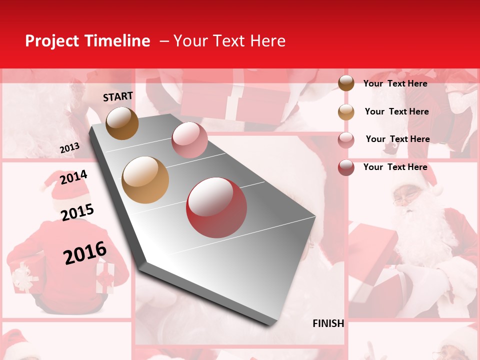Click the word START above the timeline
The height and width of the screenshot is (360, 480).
tap(118, 96)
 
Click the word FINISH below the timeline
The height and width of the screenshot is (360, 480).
tap(328, 323)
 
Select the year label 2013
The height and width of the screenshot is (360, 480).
tap(69, 148)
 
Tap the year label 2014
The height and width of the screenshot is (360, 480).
tap(73, 177)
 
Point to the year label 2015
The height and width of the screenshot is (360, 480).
tap(77, 212)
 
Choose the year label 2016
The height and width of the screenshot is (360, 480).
tap(85, 253)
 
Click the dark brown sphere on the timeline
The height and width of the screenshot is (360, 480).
tap(122, 123)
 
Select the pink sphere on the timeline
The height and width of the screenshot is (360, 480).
tap(189, 140)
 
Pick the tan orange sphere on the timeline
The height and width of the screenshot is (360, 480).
tap(145, 180)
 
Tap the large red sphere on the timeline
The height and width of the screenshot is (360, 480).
tap(216, 207)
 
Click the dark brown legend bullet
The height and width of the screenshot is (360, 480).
tap(346, 83)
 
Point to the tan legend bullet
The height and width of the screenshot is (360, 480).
tap(346, 111)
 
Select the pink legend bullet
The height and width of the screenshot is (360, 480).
tap(346, 139)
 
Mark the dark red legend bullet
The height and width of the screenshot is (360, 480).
tap(346, 167)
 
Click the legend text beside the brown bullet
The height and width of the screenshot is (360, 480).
tap(395, 83)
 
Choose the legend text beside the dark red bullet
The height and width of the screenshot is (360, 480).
tap(395, 167)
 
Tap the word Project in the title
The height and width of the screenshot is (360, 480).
tap(52, 41)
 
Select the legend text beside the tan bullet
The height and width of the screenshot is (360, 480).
tap(396, 111)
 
